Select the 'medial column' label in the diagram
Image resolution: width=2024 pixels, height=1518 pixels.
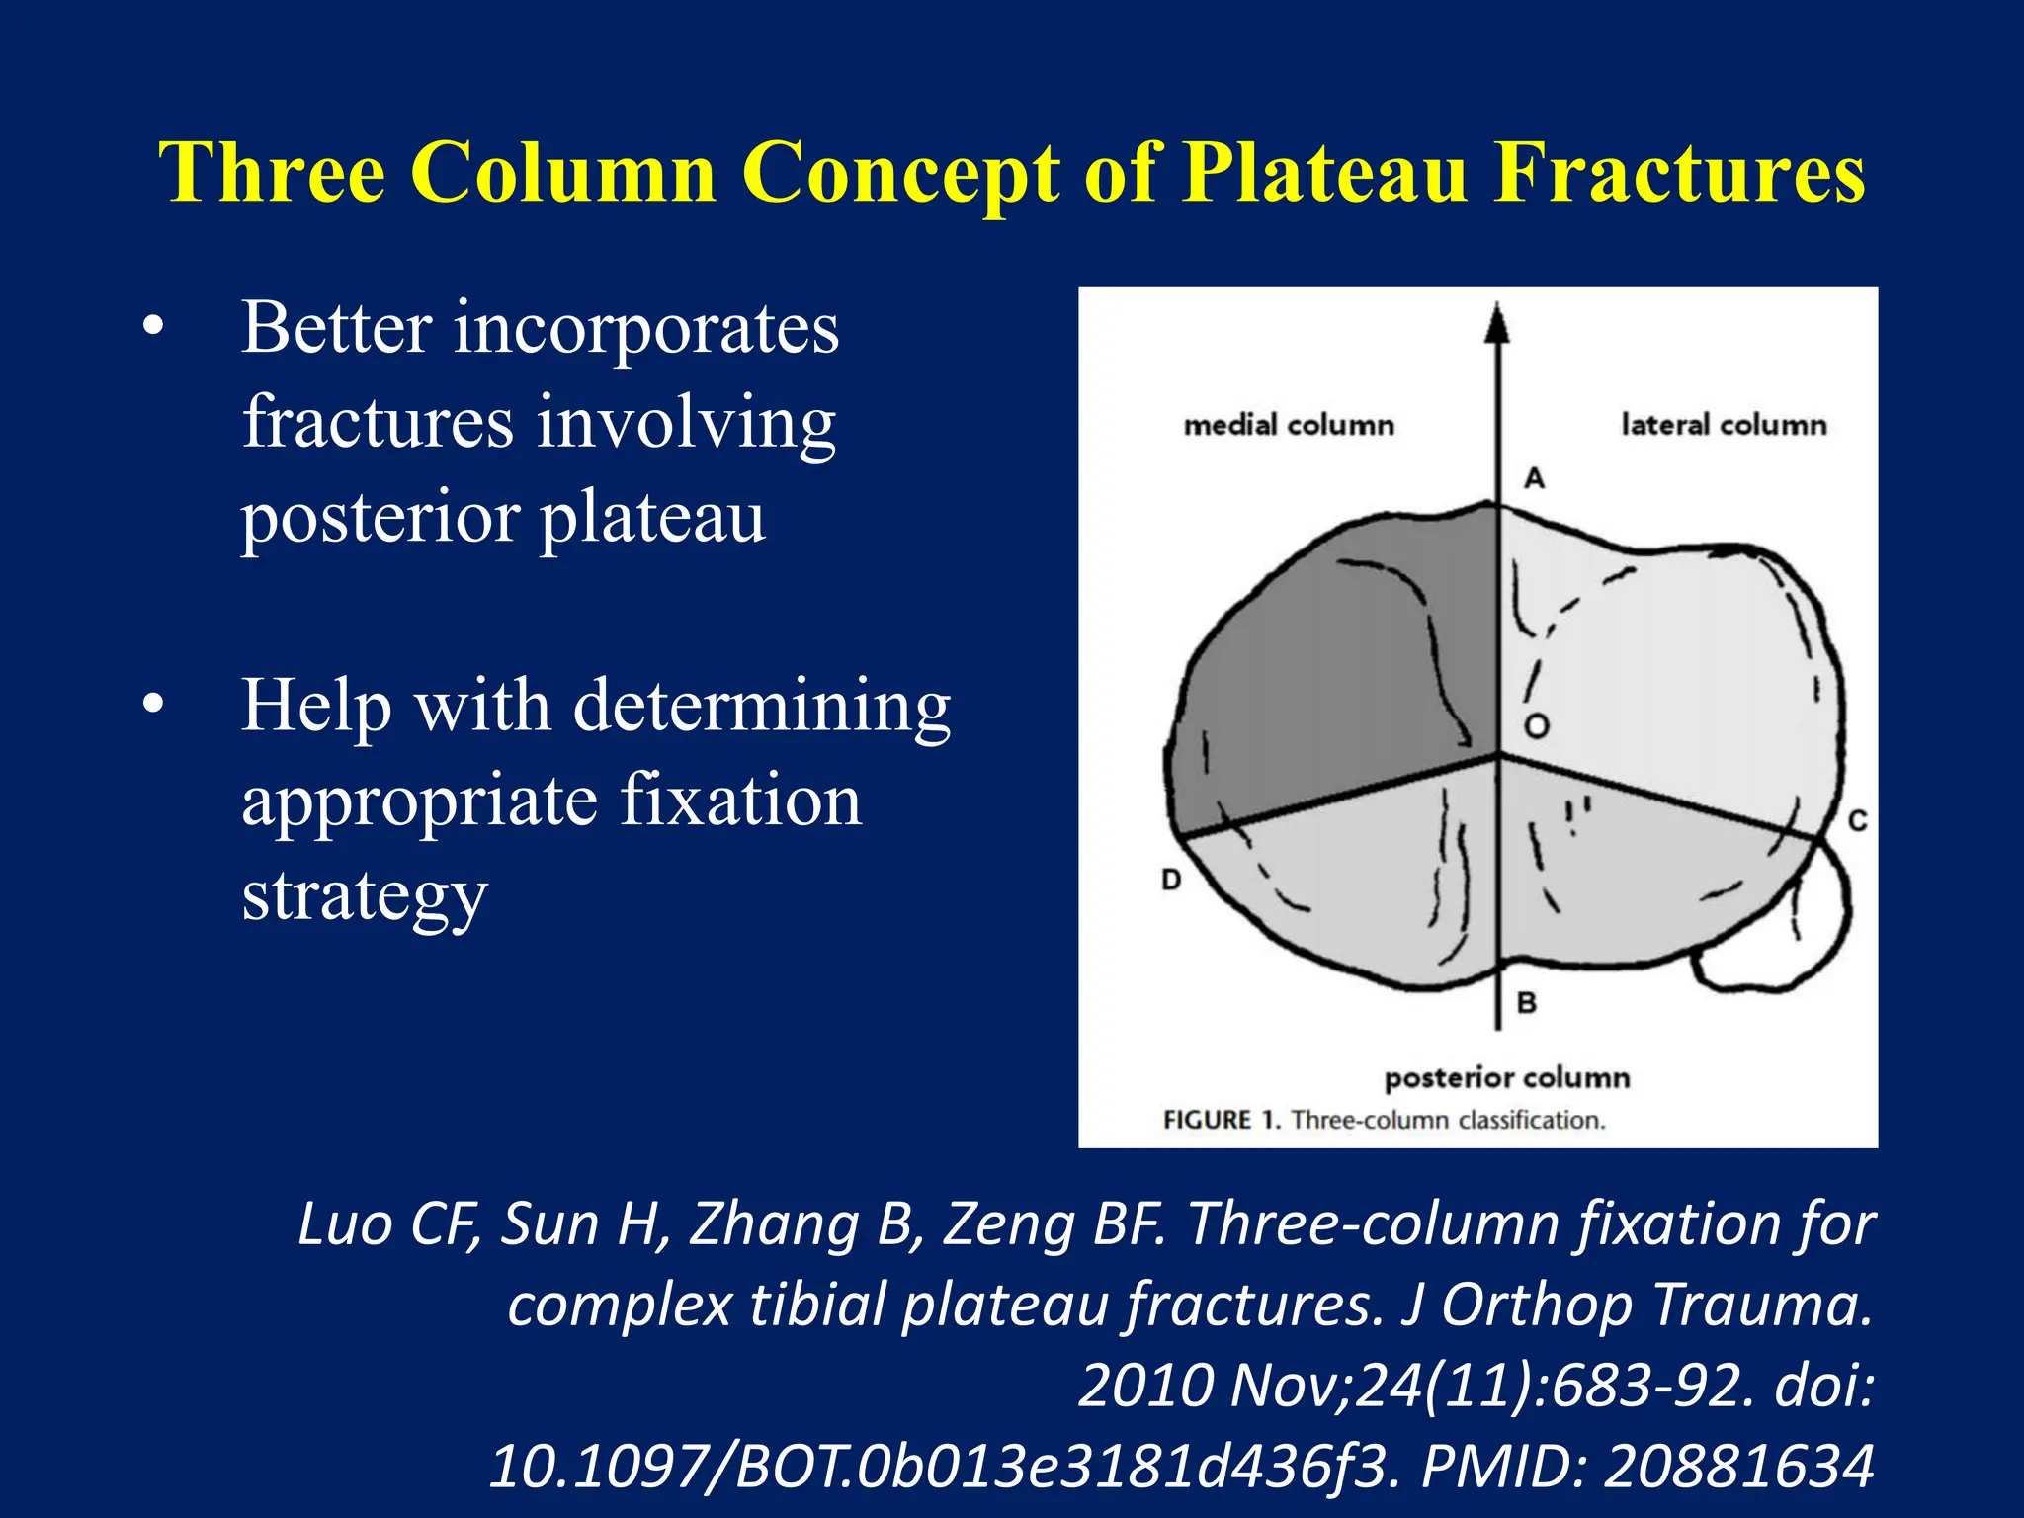1289,426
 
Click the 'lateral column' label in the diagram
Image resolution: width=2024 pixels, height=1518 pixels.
1724,425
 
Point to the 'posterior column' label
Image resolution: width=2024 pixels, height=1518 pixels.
1507,1077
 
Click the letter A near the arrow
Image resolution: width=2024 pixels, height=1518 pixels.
1534,479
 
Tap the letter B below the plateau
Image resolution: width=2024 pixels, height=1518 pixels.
1527,1003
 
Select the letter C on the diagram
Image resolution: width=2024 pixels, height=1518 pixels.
1857,821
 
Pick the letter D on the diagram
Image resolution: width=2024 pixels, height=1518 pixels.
1171,879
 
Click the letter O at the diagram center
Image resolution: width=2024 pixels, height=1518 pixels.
1536,727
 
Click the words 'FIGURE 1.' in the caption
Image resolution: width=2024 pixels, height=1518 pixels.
1222,1120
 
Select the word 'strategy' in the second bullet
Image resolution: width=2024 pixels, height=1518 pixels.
365,895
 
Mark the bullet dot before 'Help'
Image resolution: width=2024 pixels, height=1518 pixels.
152,706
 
